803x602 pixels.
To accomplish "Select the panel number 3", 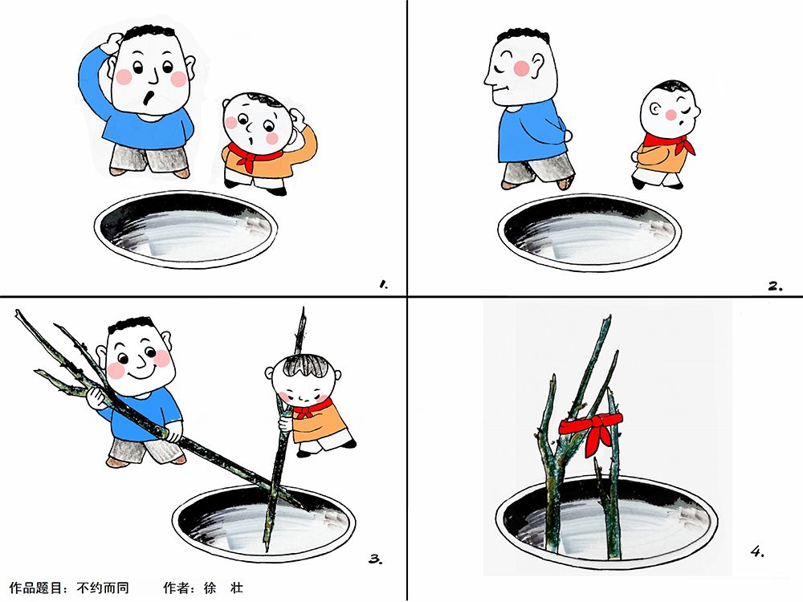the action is pos(375,559).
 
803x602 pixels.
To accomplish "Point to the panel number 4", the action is pos(757,551).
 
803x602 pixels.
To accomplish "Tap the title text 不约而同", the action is pos(103,588).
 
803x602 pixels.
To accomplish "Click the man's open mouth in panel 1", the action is pos(149,97).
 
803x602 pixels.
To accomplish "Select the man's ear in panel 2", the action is pos(537,66).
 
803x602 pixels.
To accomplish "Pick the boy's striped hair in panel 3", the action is pos(306,365).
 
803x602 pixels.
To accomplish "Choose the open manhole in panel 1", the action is pos(185,229).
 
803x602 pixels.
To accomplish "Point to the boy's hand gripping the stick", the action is pos(285,424).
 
